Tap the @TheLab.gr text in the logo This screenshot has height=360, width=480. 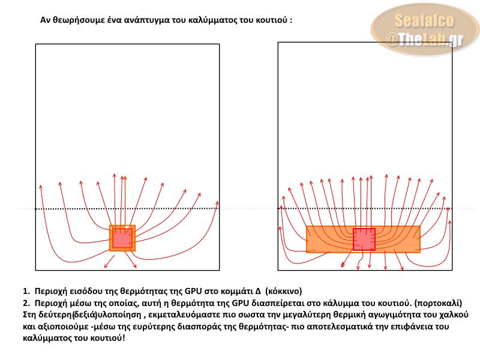click(x=424, y=39)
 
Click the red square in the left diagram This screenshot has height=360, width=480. click(x=122, y=238)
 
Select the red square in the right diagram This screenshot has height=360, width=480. click(x=364, y=239)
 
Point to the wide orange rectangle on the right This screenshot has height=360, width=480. click(x=324, y=239)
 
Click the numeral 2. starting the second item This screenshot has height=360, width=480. click(x=26, y=302)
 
